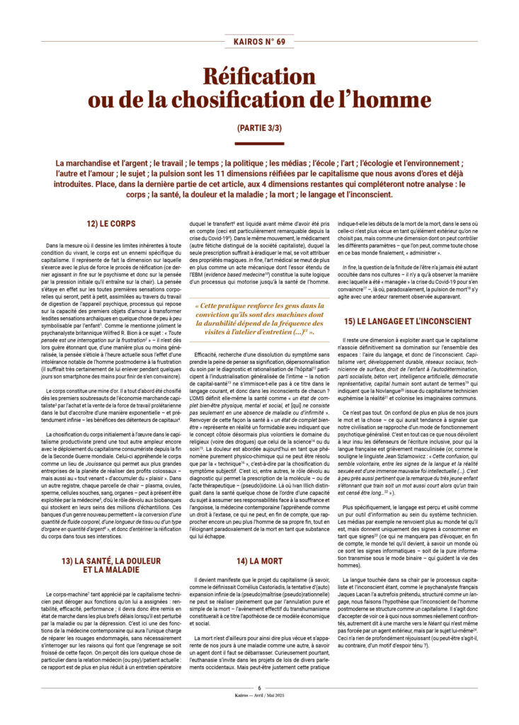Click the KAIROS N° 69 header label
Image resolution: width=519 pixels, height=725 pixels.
tap(259, 42)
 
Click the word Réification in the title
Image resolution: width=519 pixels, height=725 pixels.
tap(259, 75)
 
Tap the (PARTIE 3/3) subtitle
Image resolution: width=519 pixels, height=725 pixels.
tap(259, 128)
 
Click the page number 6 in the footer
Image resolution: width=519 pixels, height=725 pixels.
tap(259, 687)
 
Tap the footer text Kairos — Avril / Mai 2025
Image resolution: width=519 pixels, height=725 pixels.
tap(259, 695)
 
